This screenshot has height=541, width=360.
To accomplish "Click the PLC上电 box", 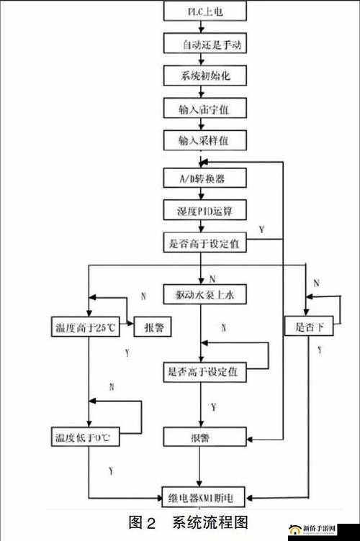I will [205, 12].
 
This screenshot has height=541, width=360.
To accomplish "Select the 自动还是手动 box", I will [205, 45].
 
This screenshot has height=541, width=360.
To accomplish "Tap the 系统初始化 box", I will [205, 76].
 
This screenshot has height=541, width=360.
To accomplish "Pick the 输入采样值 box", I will [205, 109].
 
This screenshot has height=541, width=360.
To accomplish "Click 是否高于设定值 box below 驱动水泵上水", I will [205, 372].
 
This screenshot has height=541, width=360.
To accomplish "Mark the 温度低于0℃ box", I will [84, 436].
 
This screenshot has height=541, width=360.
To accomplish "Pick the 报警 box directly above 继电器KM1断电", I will [205, 437].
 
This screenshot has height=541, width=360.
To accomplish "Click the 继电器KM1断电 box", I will [205, 496].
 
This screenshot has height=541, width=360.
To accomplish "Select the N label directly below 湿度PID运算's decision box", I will [213, 278].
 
